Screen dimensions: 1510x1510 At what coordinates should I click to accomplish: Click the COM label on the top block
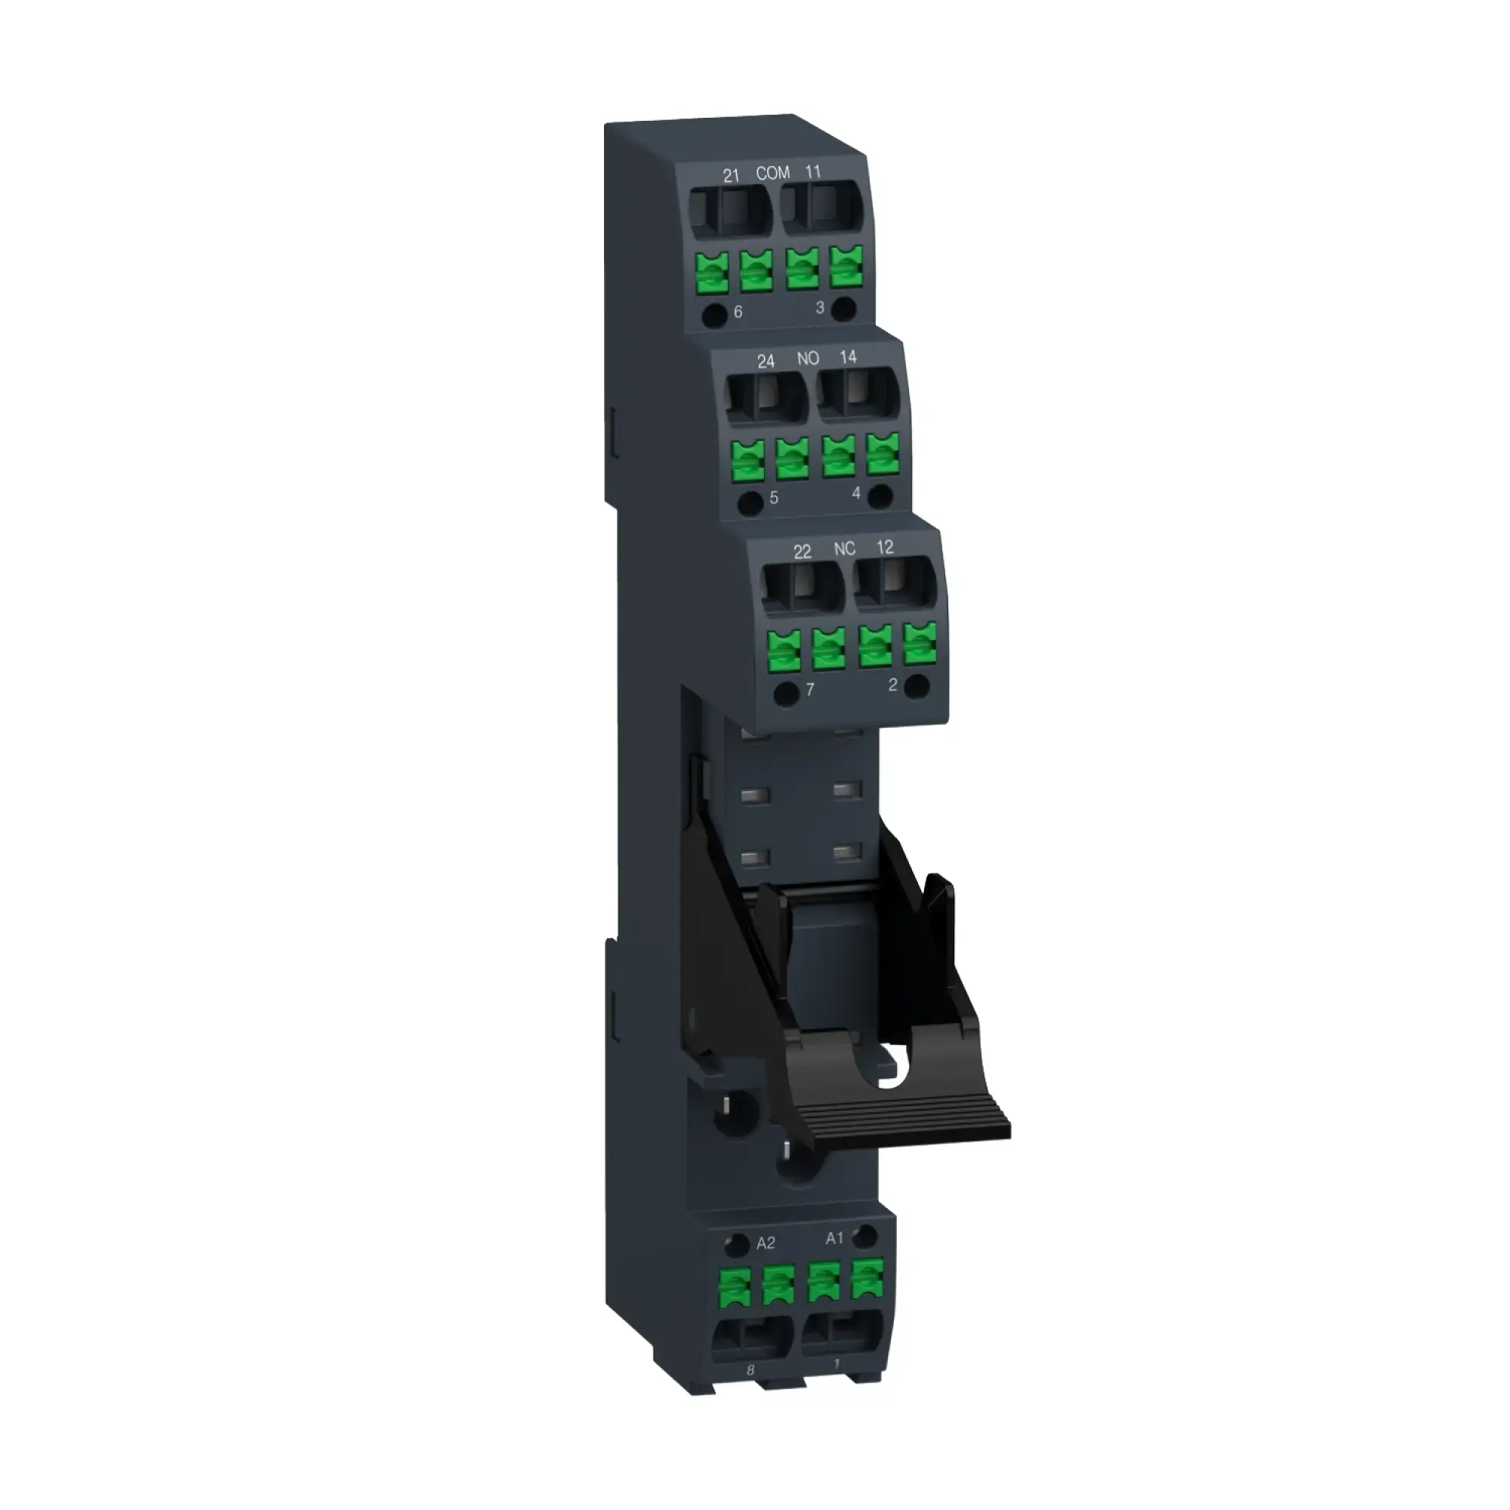pyautogui.click(x=772, y=173)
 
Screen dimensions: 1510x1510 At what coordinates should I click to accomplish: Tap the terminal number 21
pyautogui.click(x=731, y=176)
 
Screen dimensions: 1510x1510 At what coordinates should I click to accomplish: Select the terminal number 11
pyautogui.click(x=813, y=171)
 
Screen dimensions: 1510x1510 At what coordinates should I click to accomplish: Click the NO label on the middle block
pyautogui.click(x=807, y=359)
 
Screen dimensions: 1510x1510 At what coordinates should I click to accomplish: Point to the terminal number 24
pyautogui.click(x=766, y=361)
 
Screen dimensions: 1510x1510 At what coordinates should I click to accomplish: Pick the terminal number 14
pyautogui.click(x=848, y=357)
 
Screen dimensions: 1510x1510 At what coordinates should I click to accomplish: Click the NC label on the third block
pyautogui.click(x=844, y=549)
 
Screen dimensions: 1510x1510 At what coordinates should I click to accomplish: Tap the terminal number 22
pyautogui.click(x=803, y=552)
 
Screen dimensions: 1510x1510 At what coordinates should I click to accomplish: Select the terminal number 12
pyautogui.click(x=885, y=547)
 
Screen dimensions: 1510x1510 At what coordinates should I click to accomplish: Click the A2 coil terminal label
pyautogui.click(x=766, y=1243)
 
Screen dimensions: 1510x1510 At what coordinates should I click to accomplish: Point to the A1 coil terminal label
pyautogui.click(x=835, y=1239)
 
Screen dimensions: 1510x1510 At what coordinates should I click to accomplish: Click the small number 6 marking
pyautogui.click(x=738, y=313)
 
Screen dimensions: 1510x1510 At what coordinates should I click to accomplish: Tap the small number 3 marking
pyautogui.click(x=820, y=308)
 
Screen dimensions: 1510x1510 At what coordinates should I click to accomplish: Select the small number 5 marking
pyautogui.click(x=774, y=498)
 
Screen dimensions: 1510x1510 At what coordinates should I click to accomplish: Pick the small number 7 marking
pyautogui.click(x=810, y=689)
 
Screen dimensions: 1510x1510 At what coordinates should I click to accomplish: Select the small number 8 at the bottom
pyautogui.click(x=751, y=1370)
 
